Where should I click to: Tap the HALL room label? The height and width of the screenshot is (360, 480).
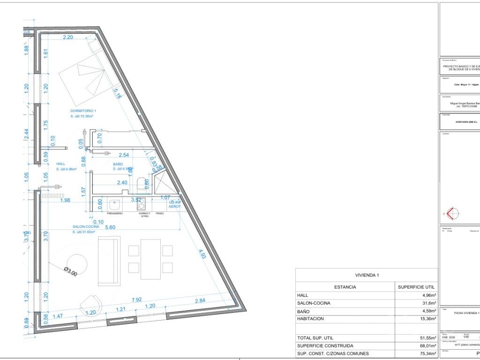point(61,164)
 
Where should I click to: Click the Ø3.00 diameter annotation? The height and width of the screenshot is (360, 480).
point(71,271)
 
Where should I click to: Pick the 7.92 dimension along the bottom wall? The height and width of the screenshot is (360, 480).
point(137,300)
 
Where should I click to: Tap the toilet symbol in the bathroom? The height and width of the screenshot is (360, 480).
point(142,184)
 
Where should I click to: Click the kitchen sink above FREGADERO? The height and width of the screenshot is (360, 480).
point(114,205)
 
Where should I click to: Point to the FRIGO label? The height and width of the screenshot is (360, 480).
point(159,213)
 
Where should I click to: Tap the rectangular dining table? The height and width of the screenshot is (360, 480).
point(150,259)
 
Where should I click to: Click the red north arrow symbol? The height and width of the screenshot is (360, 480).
point(452,213)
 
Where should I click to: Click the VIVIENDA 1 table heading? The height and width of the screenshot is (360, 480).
point(367,275)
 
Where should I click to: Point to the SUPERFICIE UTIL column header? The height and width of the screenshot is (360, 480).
point(416,287)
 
